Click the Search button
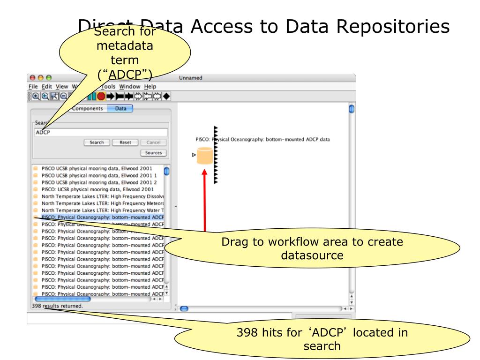97,142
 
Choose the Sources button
153,153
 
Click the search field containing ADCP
101,132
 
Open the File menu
34,86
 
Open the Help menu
150,86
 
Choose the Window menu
129,86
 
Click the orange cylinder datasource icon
204,156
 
